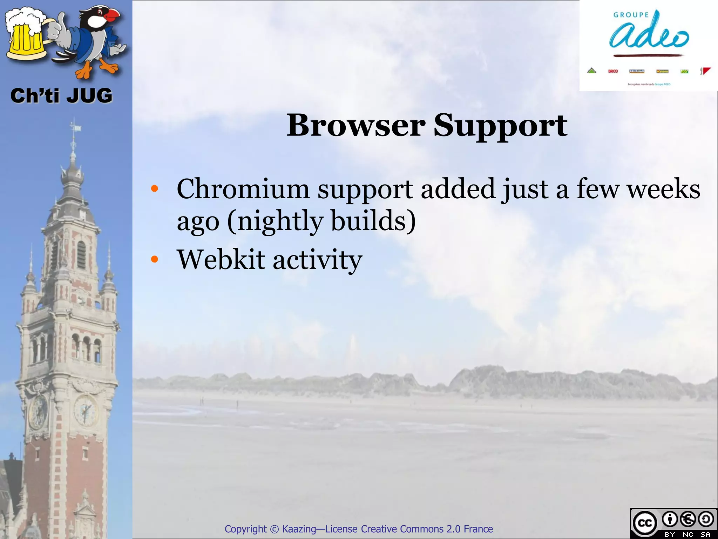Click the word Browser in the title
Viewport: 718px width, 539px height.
coord(356,125)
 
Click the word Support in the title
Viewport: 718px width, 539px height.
coord(500,126)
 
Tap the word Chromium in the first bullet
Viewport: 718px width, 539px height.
coord(243,189)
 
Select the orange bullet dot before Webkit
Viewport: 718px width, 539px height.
coord(155,260)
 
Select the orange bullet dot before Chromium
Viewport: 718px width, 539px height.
coord(155,189)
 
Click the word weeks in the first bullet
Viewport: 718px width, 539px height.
coord(663,189)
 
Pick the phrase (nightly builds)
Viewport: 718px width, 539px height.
coord(321,221)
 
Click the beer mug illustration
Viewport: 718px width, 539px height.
coord(26,35)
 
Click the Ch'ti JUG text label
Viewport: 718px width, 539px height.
coord(61,96)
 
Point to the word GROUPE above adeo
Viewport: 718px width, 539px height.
coord(631,15)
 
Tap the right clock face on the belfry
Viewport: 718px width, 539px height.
coord(85,410)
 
